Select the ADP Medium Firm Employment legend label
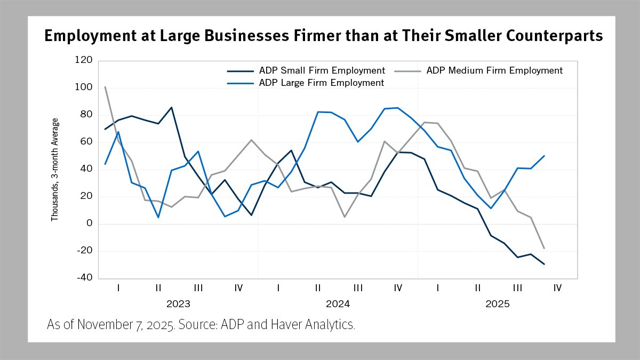pyautogui.click(x=494, y=70)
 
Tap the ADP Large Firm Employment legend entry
pyautogui.click(x=321, y=83)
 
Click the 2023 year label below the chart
pyautogui.click(x=178, y=305)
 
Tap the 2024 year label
pyautogui.click(x=338, y=305)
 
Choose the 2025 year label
pyautogui.click(x=497, y=305)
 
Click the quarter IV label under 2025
pyautogui.click(x=557, y=288)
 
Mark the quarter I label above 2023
pyautogui.click(x=118, y=288)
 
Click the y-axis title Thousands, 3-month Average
pyautogui.click(x=54, y=170)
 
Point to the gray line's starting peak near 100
pyautogui.click(x=105, y=86)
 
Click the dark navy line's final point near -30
pyautogui.click(x=544, y=264)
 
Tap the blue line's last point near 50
pyautogui.click(x=544, y=156)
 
